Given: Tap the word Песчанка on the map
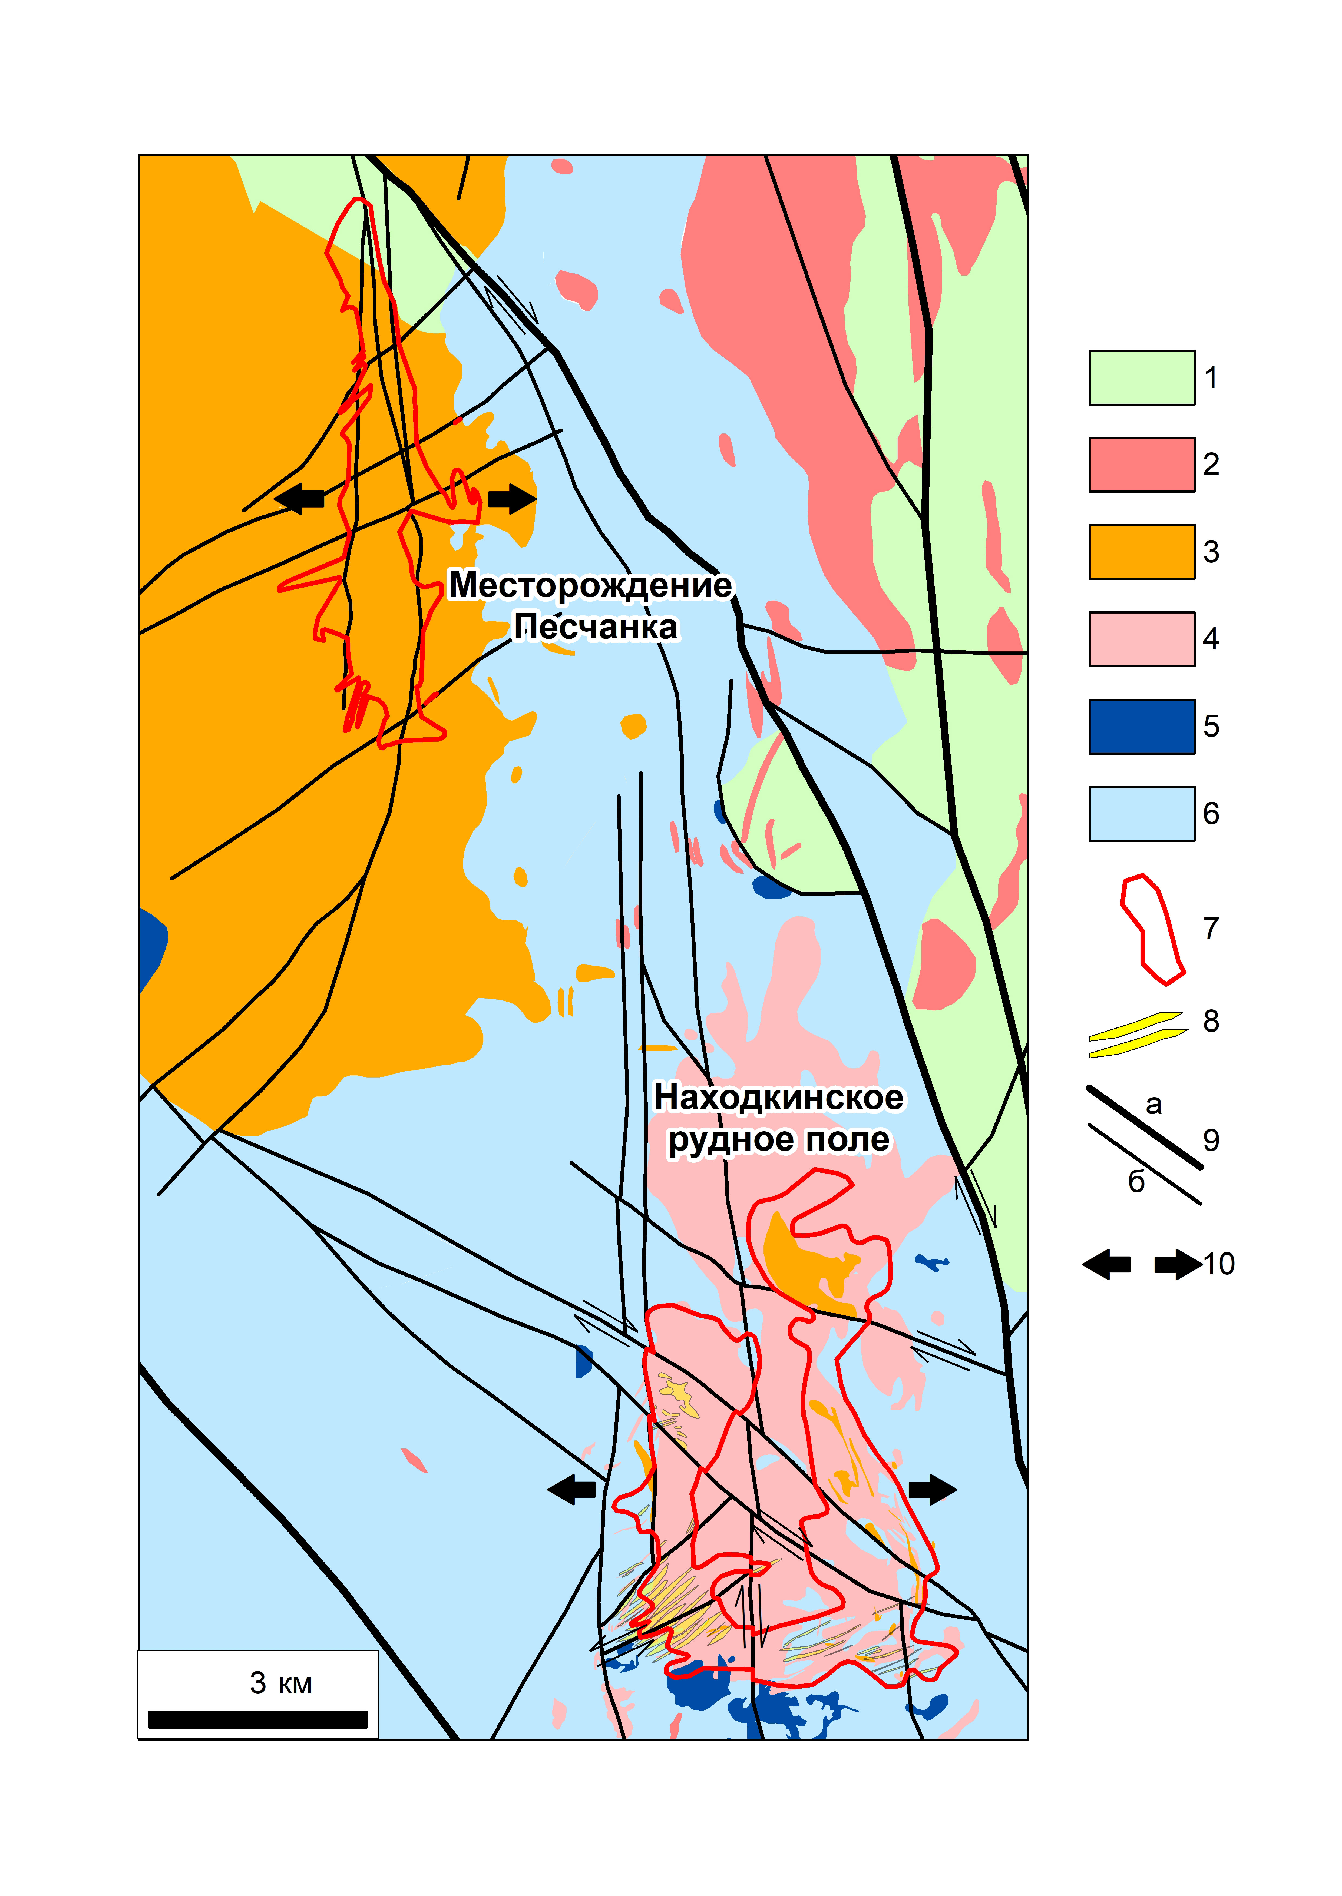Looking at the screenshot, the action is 595,627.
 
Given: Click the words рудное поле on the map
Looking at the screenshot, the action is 778,1139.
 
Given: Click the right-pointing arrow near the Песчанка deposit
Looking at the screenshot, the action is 512,498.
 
